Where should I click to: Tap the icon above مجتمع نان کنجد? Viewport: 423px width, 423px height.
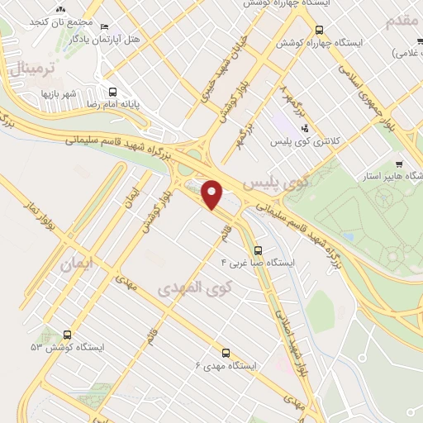coord(59,9)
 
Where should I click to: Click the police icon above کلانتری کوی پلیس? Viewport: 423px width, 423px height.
coord(305,128)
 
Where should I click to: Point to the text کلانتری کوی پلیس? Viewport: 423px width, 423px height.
coord(303,141)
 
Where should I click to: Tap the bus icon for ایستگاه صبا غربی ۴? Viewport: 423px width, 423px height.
coord(259,250)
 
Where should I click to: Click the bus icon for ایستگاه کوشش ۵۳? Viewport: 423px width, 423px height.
coord(67,335)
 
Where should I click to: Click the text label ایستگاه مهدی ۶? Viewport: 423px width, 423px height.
coord(226,364)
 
